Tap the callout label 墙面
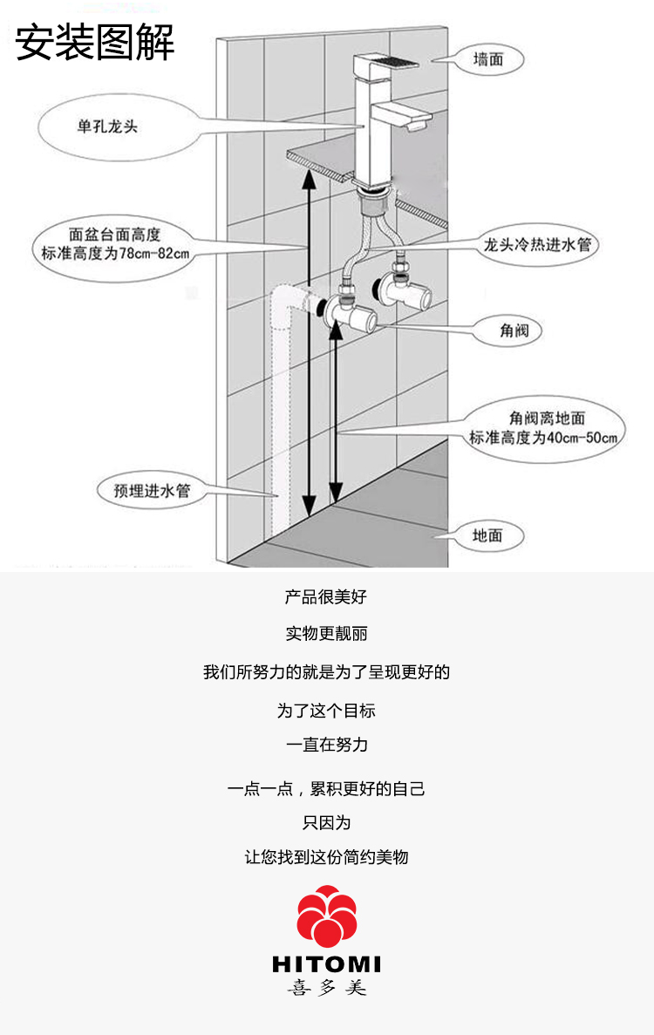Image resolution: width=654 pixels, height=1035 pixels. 488,59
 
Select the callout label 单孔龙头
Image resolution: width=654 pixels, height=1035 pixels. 107,126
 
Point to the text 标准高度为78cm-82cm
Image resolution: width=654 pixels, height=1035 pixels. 115,253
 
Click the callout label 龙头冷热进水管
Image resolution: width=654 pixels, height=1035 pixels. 537,244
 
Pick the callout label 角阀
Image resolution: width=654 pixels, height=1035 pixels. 514,330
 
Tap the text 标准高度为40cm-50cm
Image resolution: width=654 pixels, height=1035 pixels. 544,437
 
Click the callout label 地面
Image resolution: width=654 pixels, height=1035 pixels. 487,535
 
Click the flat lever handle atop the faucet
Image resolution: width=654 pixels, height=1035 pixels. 386,65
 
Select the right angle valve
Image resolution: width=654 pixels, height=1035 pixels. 405,291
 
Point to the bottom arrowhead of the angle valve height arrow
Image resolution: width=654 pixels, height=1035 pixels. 336,492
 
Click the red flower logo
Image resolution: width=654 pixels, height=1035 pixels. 327,916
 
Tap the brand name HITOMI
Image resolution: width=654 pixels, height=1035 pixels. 327,964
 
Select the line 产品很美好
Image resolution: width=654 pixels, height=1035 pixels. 326,596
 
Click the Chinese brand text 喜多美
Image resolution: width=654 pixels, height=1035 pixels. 327,988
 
